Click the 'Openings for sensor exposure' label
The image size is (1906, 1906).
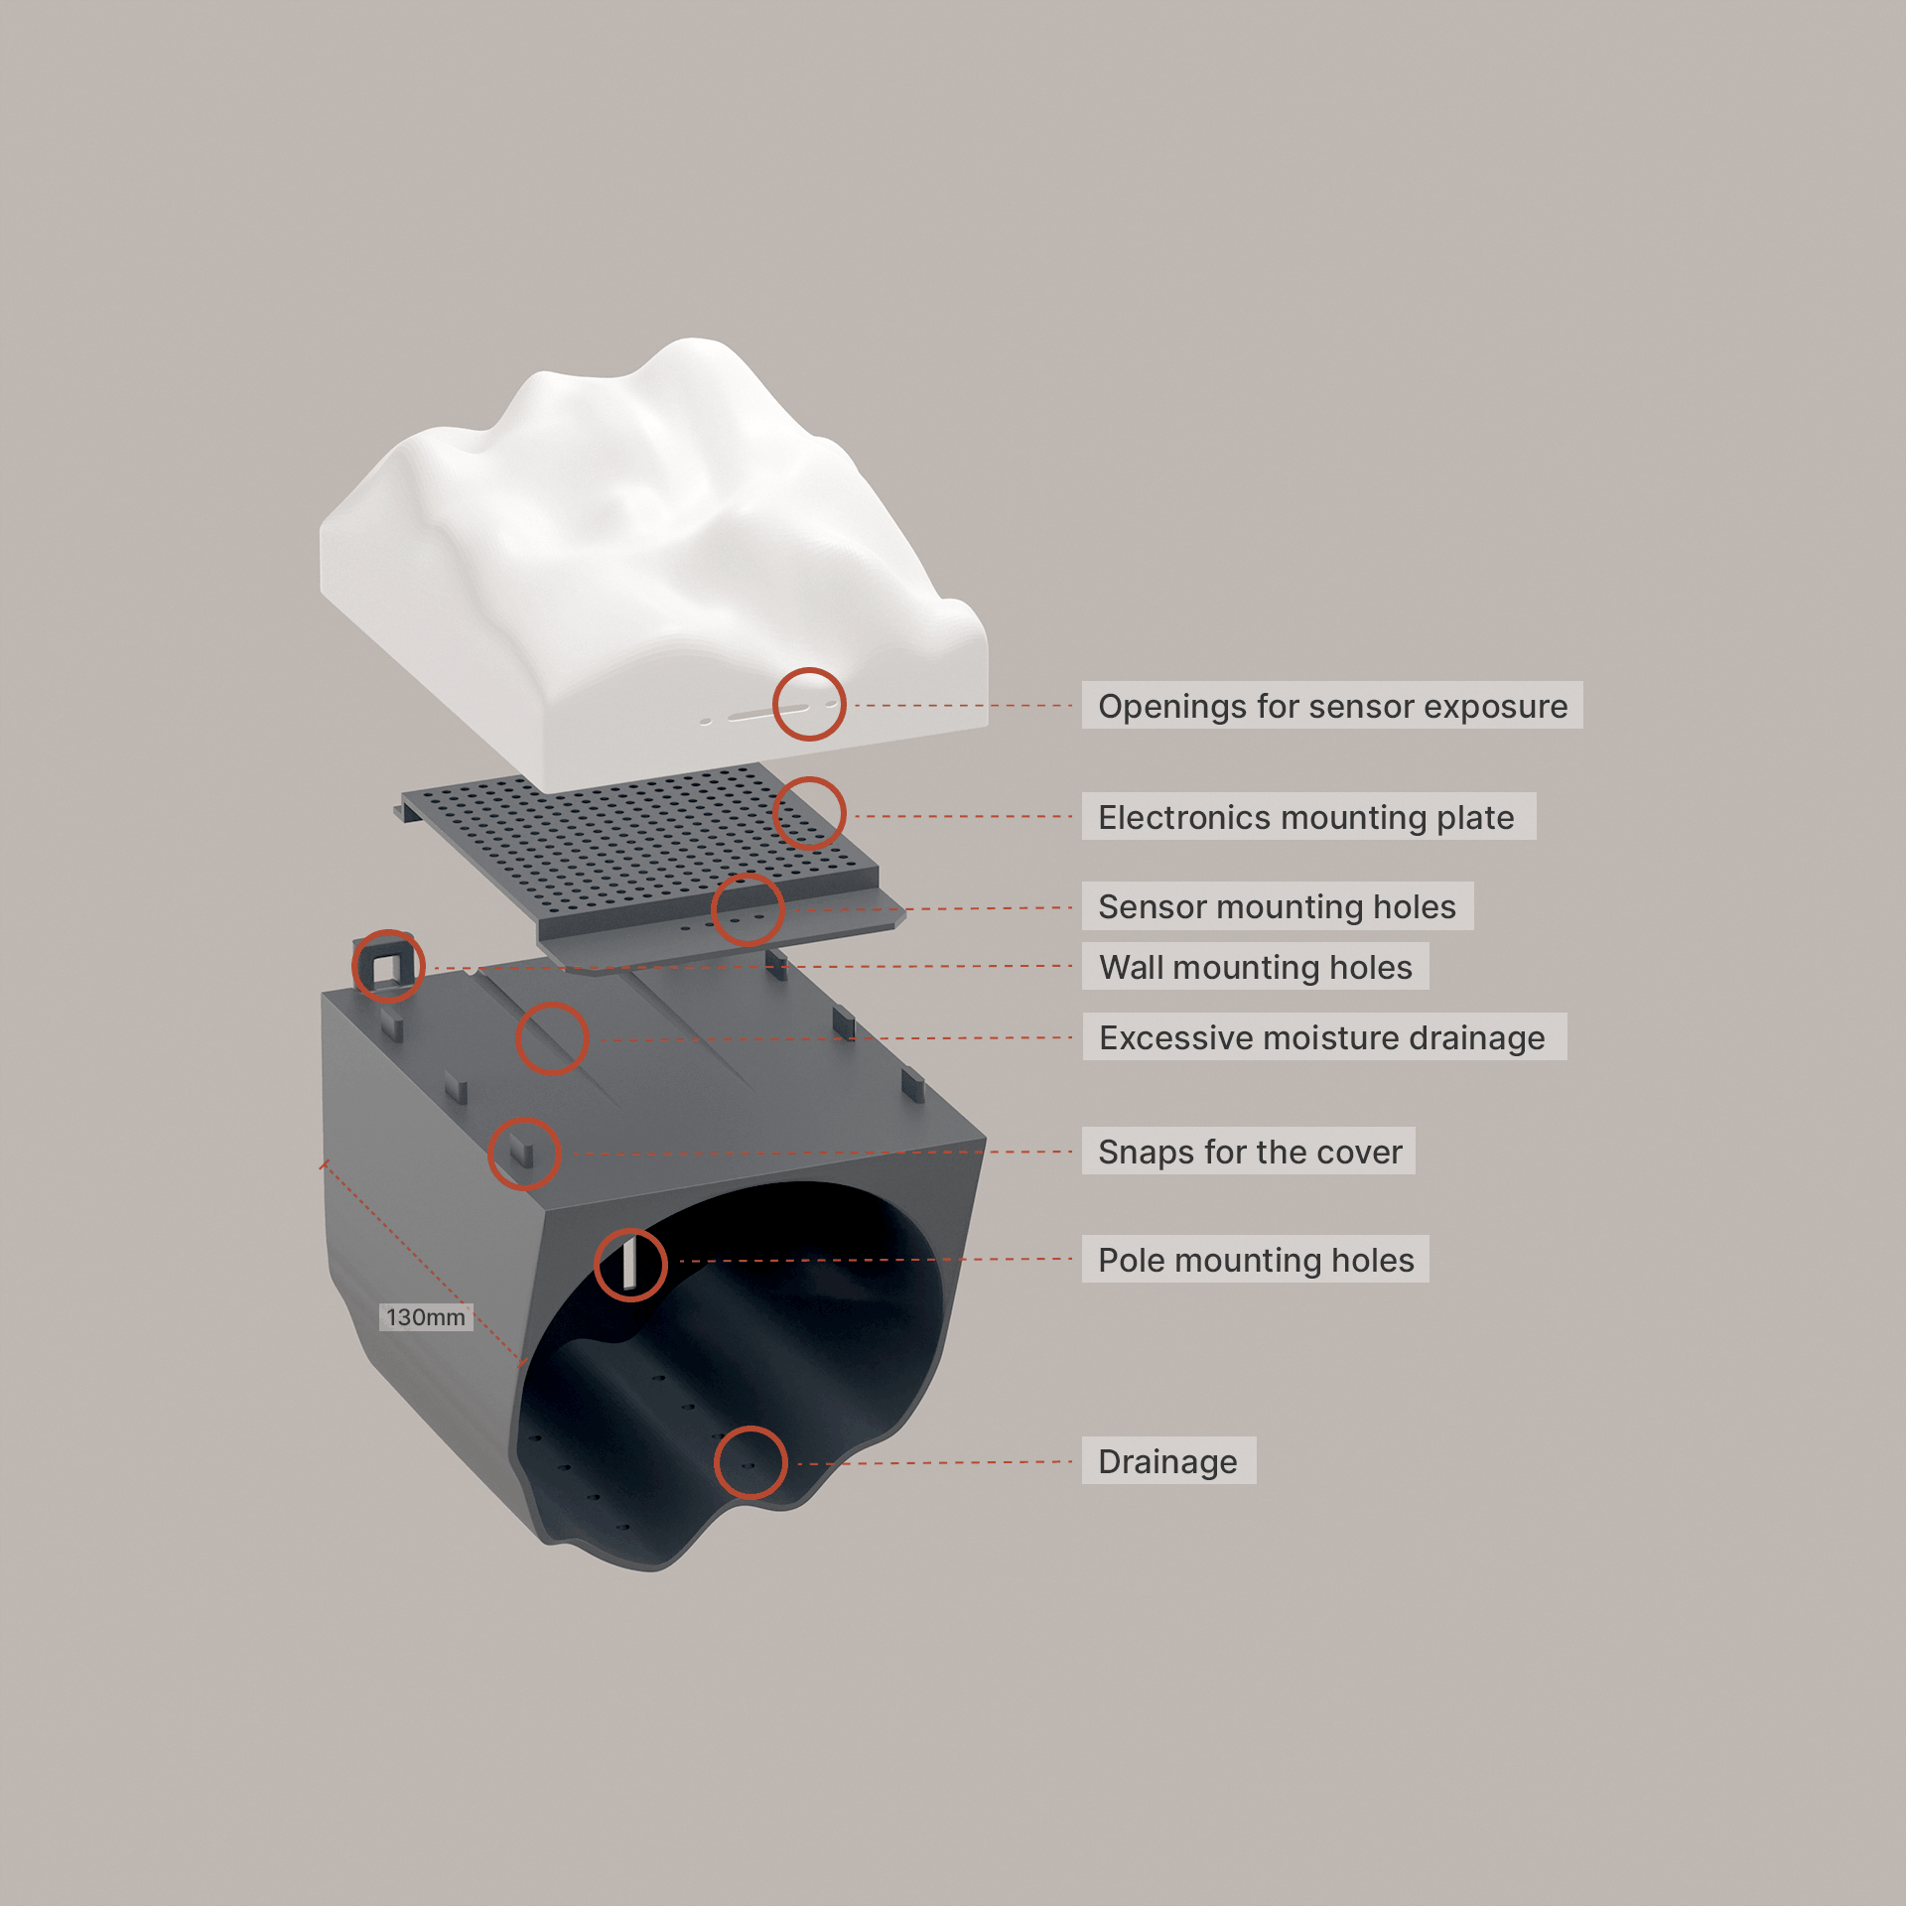(x=1331, y=706)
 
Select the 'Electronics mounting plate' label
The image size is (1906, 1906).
(x=1307, y=817)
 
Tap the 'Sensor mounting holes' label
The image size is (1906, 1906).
(x=1277, y=906)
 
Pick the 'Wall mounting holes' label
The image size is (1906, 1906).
(x=1256, y=967)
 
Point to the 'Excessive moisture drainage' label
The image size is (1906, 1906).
(x=1323, y=1037)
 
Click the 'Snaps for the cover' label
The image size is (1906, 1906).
(x=1249, y=1152)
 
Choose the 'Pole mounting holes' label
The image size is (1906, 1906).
(x=1256, y=1260)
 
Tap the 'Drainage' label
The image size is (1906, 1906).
(x=1168, y=1461)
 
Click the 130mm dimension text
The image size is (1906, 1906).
(x=426, y=1317)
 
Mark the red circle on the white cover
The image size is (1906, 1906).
(x=809, y=704)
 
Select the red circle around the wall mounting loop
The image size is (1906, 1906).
(x=388, y=965)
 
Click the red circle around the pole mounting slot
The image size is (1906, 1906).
(x=630, y=1265)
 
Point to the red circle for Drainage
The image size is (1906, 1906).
(x=750, y=1462)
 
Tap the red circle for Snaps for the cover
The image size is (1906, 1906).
(x=524, y=1154)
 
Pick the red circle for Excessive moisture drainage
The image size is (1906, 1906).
(x=552, y=1038)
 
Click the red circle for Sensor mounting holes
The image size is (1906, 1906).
(x=748, y=909)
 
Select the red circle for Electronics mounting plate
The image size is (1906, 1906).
(x=809, y=813)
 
